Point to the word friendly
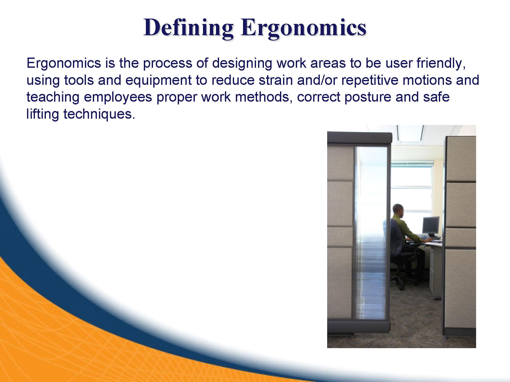(x=441, y=63)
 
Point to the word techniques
(x=99, y=114)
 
